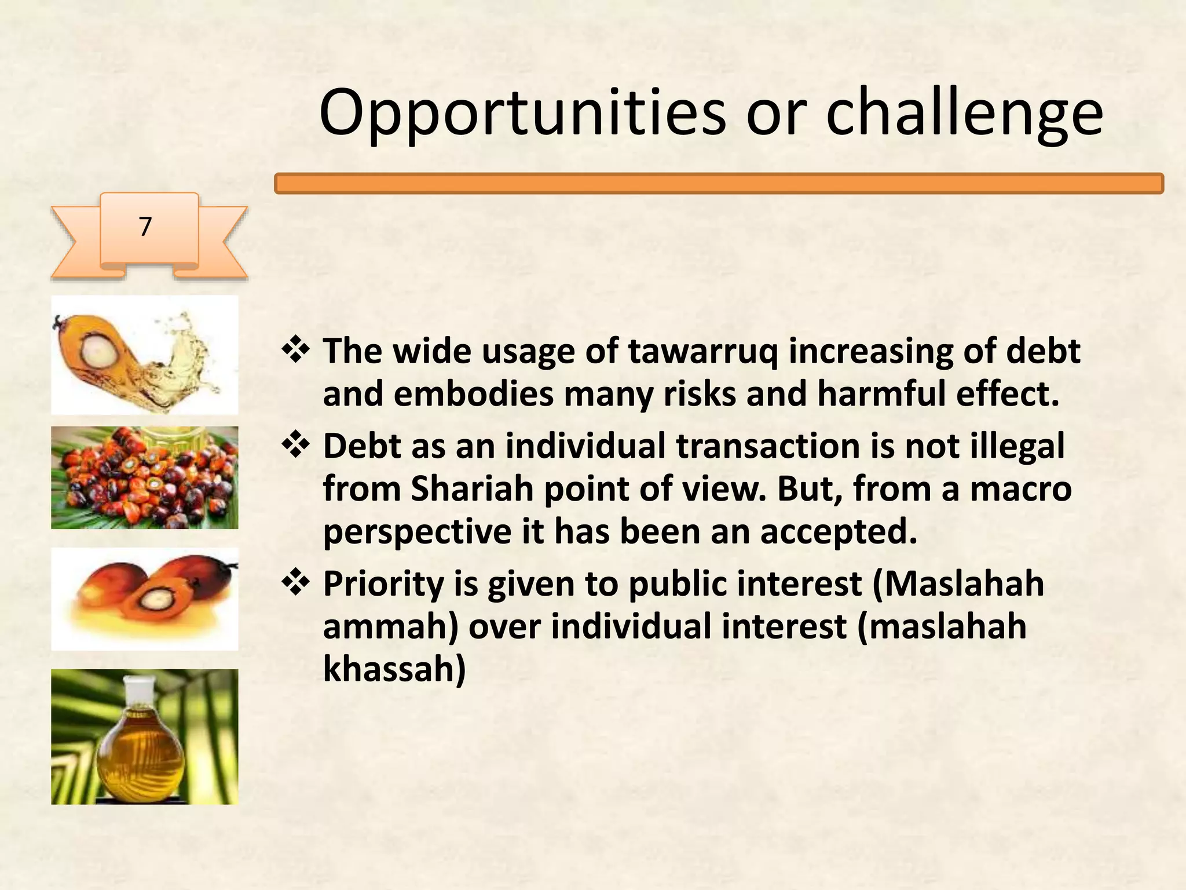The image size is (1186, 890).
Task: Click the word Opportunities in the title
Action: (x=521, y=113)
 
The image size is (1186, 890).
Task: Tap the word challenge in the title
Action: (x=964, y=113)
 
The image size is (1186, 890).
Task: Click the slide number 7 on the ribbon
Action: (x=145, y=227)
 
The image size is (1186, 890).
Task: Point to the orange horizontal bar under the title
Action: (x=718, y=184)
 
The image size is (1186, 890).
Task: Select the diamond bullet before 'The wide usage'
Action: (x=296, y=351)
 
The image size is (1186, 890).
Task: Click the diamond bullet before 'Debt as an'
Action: (x=296, y=446)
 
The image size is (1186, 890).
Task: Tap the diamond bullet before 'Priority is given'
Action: (x=296, y=583)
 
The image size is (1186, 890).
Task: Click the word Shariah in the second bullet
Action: (x=471, y=488)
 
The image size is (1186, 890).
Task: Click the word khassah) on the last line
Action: (x=394, y=669)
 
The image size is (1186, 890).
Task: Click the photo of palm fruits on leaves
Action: (x=145, y=478)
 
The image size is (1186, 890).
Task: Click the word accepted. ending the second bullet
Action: (x=839, y=531)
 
